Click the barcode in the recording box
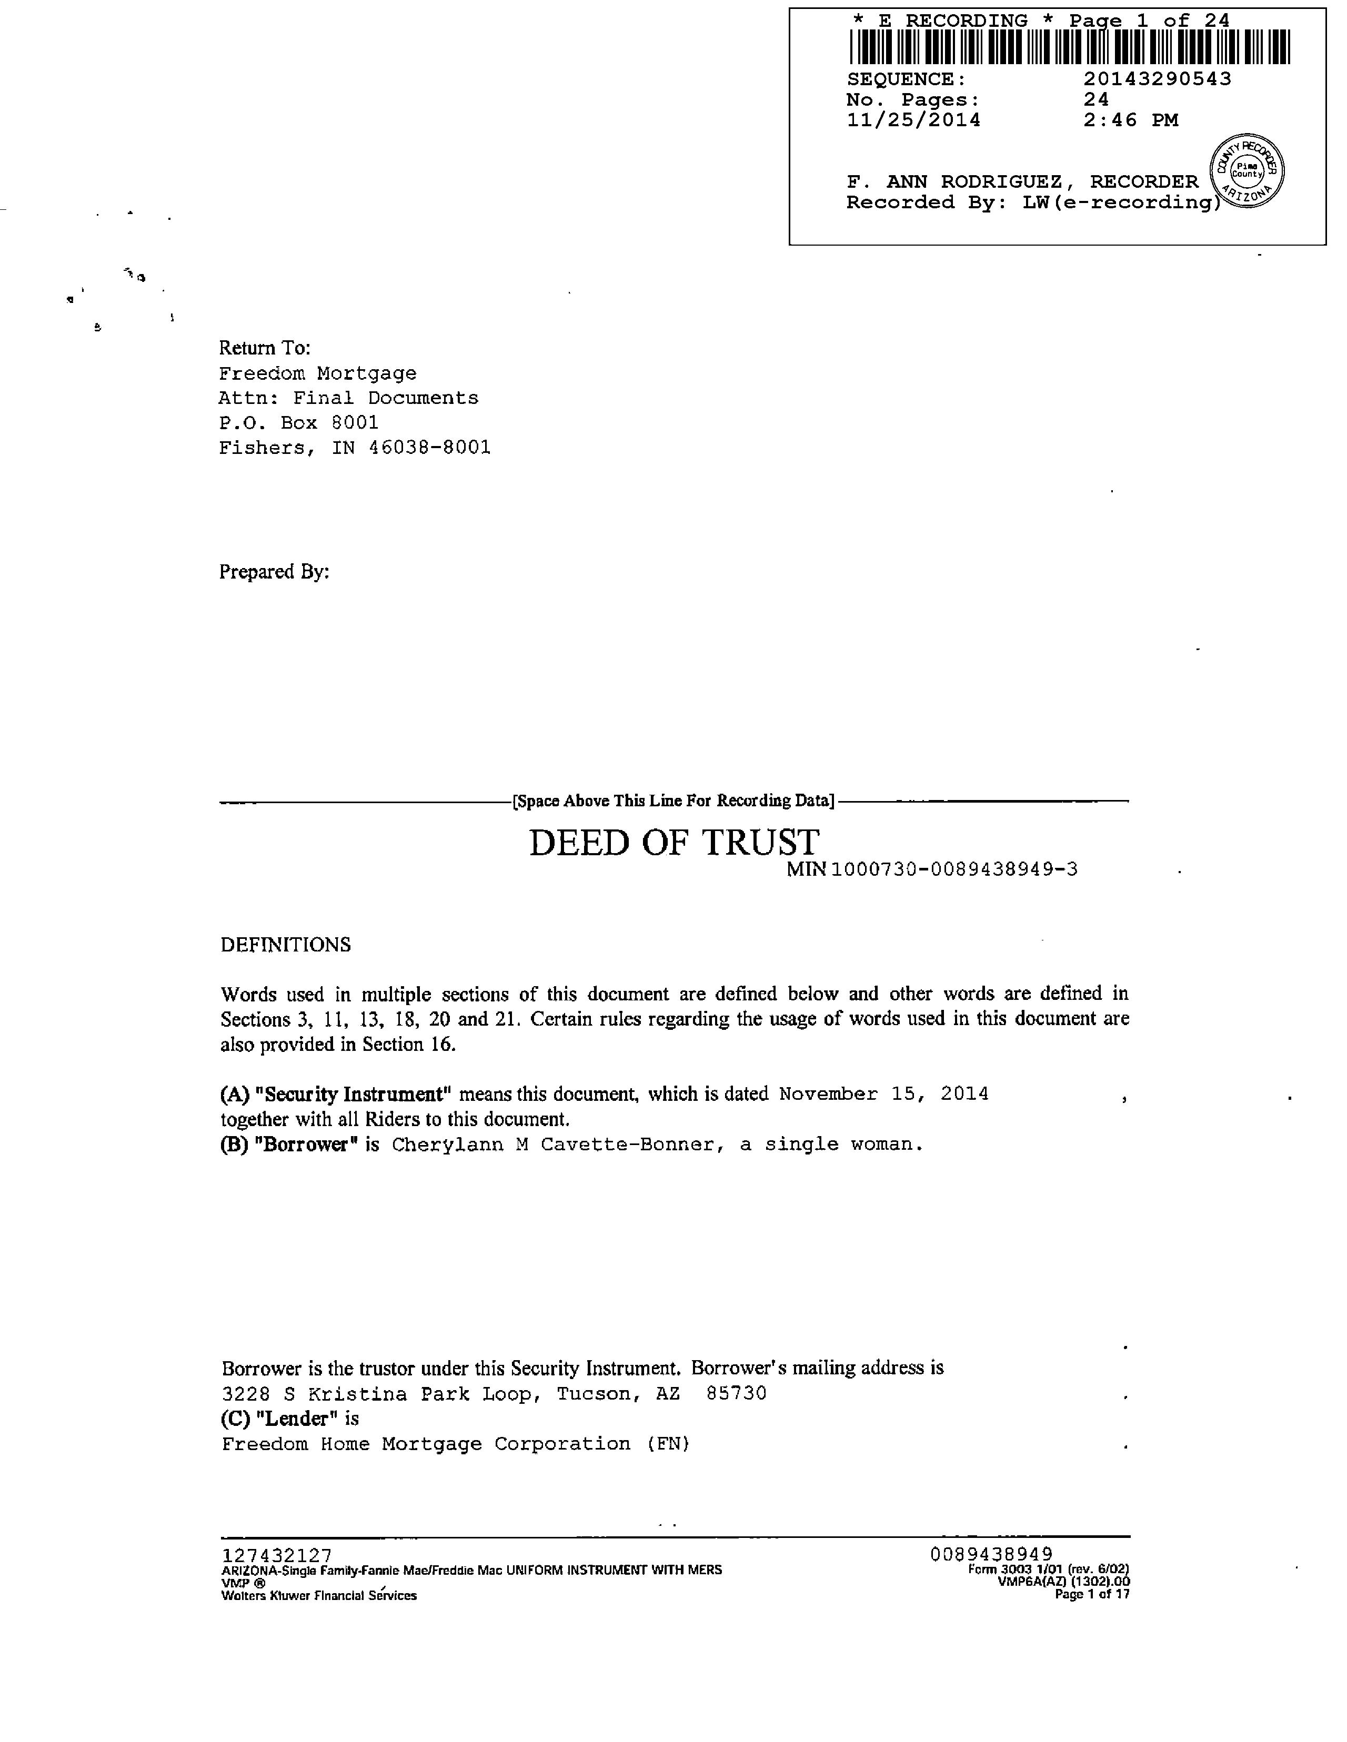1069,47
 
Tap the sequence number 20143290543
1157,79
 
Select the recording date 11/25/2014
913,120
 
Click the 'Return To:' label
264,348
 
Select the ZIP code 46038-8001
430,448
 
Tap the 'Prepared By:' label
274,572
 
